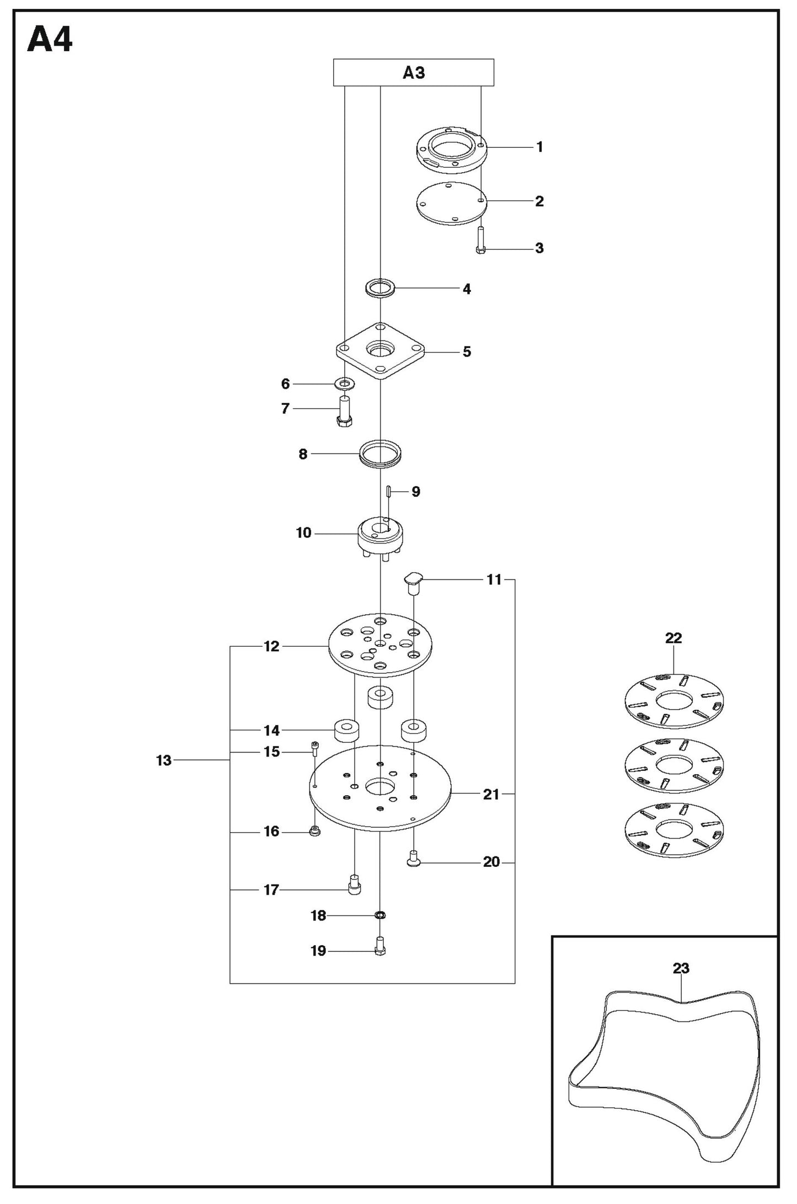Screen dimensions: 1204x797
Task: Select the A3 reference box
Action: (413, 72)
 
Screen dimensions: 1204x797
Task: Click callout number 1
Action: (539, 147)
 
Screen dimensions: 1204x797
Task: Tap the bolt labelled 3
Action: (480, 240)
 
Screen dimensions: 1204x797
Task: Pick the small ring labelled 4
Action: (381, 288)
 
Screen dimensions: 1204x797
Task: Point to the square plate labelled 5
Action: (381, 351)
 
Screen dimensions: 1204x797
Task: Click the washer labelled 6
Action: (345, 383)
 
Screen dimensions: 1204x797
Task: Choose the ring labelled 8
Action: (380, 454)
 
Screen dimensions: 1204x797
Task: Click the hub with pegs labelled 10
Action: (380, 535)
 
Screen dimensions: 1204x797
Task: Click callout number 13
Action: (164, 760)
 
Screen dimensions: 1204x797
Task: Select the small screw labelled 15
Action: (315, 749)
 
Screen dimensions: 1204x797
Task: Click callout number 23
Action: (681, 968)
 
